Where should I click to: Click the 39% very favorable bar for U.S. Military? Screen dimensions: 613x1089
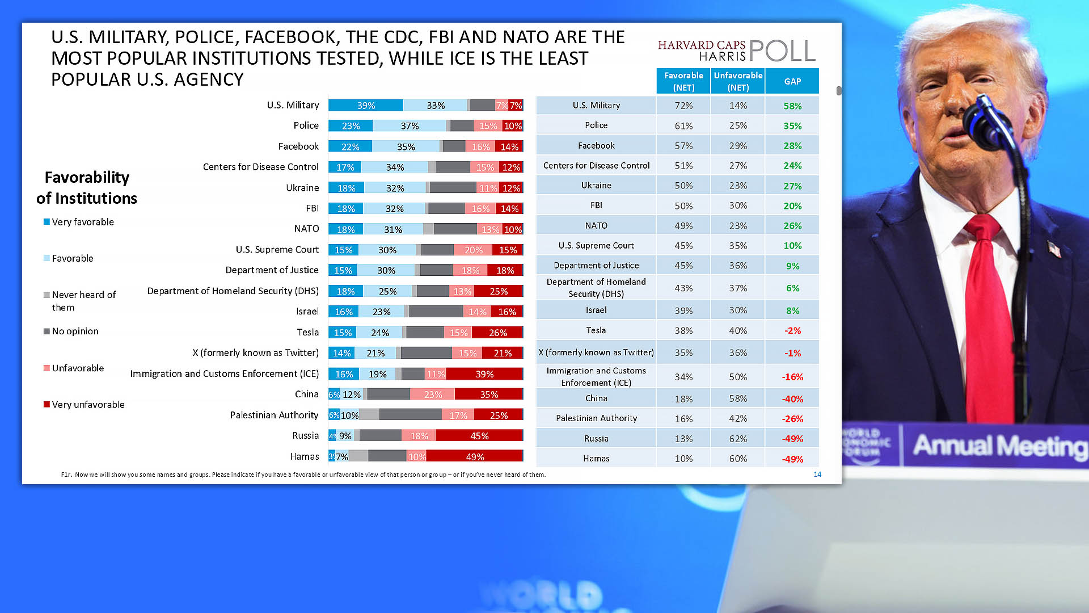[366, 106]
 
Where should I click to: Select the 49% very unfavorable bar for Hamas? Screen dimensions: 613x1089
[475, 457]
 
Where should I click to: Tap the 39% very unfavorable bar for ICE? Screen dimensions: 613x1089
[484, 374]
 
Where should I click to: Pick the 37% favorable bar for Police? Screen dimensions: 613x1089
[410, 126]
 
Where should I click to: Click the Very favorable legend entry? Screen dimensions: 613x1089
[79, 222]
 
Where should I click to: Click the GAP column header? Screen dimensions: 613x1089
[792, 81]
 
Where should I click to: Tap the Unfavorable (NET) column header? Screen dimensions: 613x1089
[738, 81]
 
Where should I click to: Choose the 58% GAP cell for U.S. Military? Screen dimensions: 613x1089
[792, 106]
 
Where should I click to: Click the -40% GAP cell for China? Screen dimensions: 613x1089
[792, 399]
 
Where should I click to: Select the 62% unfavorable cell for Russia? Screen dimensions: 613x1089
[738, 439]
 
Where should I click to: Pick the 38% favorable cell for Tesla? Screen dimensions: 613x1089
[683, 330]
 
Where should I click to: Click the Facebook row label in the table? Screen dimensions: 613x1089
[596, 146]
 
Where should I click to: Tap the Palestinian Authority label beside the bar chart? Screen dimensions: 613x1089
[274, 415]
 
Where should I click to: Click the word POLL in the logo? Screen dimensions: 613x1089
[782, 51]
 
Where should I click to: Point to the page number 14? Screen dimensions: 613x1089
[817, 475]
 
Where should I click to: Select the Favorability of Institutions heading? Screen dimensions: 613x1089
[87, 188]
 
